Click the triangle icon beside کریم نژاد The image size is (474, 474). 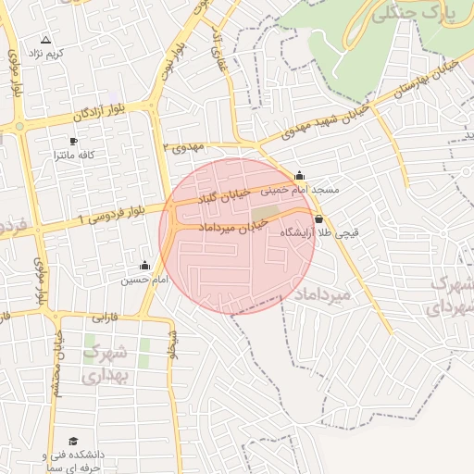[x=45, y=39]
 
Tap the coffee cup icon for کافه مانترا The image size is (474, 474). [x=73, y=142]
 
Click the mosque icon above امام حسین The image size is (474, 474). [x=143, y=266]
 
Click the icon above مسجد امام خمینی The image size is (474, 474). [x=299, y=175]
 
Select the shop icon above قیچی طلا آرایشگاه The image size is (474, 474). [x=319, y=219]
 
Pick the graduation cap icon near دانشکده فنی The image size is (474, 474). [x=73, y=442]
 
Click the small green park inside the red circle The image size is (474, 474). [x=263, y=212]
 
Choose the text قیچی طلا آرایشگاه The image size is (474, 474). [x=319, y=234]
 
